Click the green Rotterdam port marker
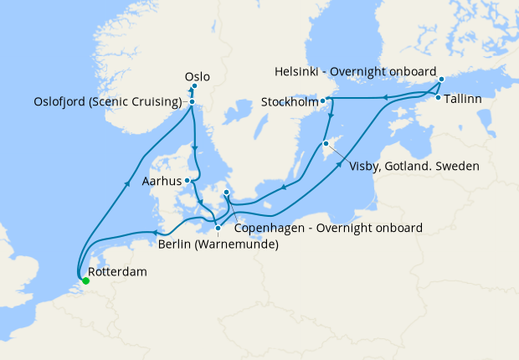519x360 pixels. click(x=86, y=281)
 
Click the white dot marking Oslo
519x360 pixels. click(x=193, y=85)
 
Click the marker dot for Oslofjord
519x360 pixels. click(x=193, y=102)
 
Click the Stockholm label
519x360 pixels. click(x=288, y=103)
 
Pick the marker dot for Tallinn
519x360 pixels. click(x=438, y=98)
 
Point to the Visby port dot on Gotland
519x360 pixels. click(x=325, y=143)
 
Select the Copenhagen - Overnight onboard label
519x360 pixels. click(x=328, y=227)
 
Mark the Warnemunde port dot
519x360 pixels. click(x=218, y=228)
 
